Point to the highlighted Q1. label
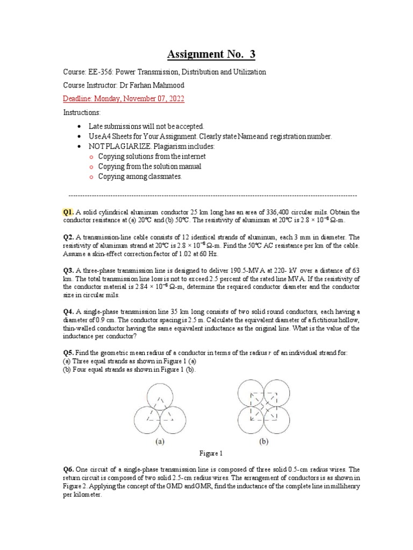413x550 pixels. click(x=69, y=212)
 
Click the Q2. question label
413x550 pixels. click(x=69, y=237)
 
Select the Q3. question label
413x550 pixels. click(x=69, y=271)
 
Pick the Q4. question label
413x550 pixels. click(x=69, y=312)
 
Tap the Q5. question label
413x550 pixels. click(x=69, y=352)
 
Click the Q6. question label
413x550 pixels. click(x=69, y=468)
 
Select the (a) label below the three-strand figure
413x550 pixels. click(x=160, y=443)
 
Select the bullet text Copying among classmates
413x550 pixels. click(x=140, y=176)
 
